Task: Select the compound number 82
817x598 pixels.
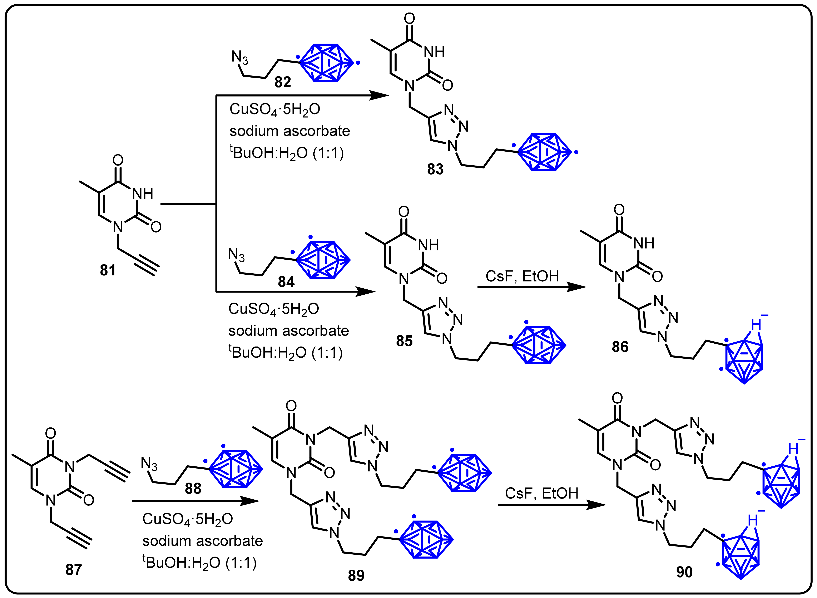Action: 283,82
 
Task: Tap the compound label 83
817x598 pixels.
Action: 435,169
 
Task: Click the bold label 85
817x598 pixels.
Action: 404,341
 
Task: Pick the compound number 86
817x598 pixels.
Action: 620,347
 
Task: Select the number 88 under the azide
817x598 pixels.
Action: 193,489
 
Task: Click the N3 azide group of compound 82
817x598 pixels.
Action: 239,58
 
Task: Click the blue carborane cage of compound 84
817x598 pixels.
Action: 323,260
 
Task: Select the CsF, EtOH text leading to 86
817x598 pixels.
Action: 522,276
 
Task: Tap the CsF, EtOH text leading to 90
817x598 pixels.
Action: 542,493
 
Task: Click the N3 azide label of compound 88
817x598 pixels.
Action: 149,464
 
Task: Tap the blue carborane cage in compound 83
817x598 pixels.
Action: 545,152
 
